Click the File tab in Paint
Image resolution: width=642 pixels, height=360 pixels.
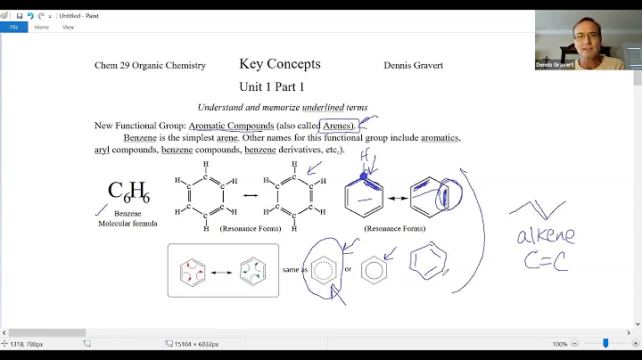[x=13, y=27]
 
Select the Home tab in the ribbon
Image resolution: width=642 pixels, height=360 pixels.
[x=42, y=27]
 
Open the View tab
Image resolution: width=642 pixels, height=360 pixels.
[x=68, y=27]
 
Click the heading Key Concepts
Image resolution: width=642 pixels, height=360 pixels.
[x=279, y=64]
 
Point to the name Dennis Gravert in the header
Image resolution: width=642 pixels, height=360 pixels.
[x=413, y=65]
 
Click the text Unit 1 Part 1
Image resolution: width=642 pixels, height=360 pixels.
[x=271, y=86]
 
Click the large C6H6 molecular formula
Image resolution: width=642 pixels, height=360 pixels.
[x=128, y=191]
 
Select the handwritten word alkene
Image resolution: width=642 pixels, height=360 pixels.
[x=545, y=236]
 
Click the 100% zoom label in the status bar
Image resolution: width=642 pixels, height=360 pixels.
[x=559, y=343]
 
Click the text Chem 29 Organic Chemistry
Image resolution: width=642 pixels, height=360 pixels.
[x=150, y=65]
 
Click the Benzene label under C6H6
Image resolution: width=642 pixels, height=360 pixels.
[x=128, y=214]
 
